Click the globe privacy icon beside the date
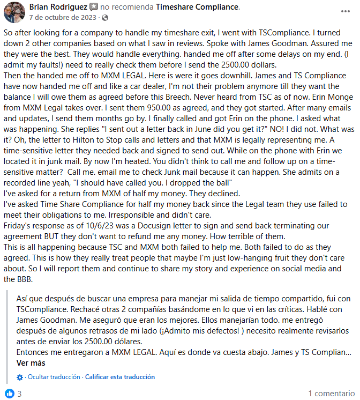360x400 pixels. click(x=104, y=18)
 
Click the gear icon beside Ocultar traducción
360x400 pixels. click(x=20, y=377)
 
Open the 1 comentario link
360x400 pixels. click(x=330, y=393)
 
